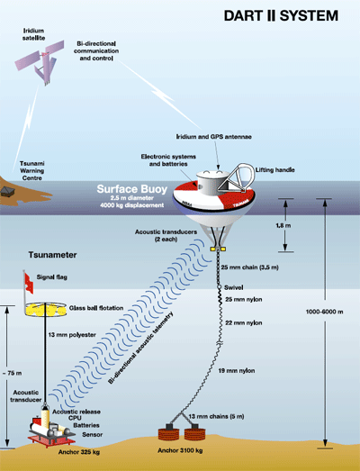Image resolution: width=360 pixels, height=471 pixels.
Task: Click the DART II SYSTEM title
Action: point(281,16)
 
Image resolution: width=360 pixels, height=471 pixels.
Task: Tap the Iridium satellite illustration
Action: point(40,61)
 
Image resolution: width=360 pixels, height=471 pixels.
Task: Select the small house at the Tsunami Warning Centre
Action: point(6,191)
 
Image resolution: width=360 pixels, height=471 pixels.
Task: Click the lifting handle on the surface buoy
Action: point(238,177)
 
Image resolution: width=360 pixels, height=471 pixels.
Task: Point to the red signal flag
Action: point(29,284)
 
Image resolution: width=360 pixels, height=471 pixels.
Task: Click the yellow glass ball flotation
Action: point(45,310)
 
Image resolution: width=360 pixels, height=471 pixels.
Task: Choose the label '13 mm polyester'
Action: point(72,335)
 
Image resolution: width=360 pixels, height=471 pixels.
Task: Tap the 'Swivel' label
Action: point(234,287)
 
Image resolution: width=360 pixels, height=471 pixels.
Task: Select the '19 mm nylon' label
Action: point(237,371)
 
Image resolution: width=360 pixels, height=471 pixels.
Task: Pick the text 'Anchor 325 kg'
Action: point(79,452)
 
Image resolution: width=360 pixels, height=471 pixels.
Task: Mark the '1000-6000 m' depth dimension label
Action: point(324,312)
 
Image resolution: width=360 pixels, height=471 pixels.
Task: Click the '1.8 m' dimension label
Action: point(283,225)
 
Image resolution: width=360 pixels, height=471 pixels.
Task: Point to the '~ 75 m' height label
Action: point(12,373)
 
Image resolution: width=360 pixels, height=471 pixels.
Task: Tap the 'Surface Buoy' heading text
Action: point(131,189)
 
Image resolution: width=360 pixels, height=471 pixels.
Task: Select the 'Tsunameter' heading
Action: point(52,255)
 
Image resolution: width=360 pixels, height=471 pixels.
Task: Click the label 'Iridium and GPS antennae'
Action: point(214,137)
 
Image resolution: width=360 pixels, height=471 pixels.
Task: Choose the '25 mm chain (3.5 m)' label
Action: point(249,267)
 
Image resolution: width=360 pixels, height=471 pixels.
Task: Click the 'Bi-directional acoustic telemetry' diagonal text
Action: point(140,348)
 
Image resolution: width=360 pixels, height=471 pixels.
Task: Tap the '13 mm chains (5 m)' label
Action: point(216,416)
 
